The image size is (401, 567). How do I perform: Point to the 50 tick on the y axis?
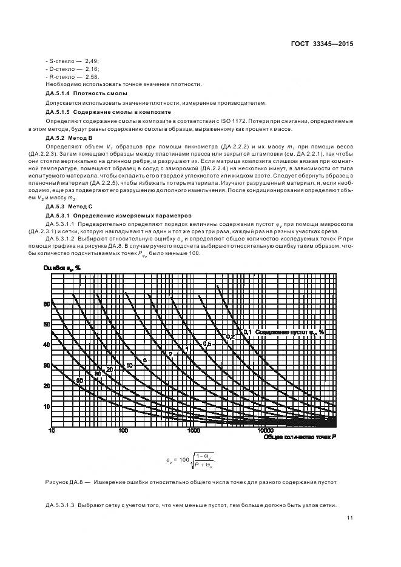click(x=45, y=325)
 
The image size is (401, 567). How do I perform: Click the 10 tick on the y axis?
click(x=45, y=406)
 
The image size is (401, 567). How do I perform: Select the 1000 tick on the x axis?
click(x=194, y=431)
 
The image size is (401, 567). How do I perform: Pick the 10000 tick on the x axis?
click(x=265, y=431)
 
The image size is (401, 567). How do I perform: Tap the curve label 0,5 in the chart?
click(x=207, y=344)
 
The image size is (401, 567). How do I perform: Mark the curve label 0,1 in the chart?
click(x=248, y=332)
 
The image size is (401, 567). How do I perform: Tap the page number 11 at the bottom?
click(x=350, y=517)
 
